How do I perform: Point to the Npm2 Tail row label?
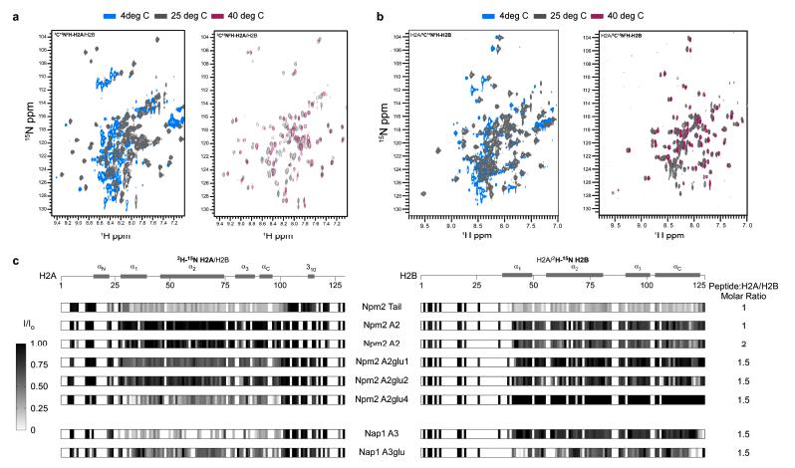pos(383,310)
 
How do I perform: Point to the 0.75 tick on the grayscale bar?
pos(38,364)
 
